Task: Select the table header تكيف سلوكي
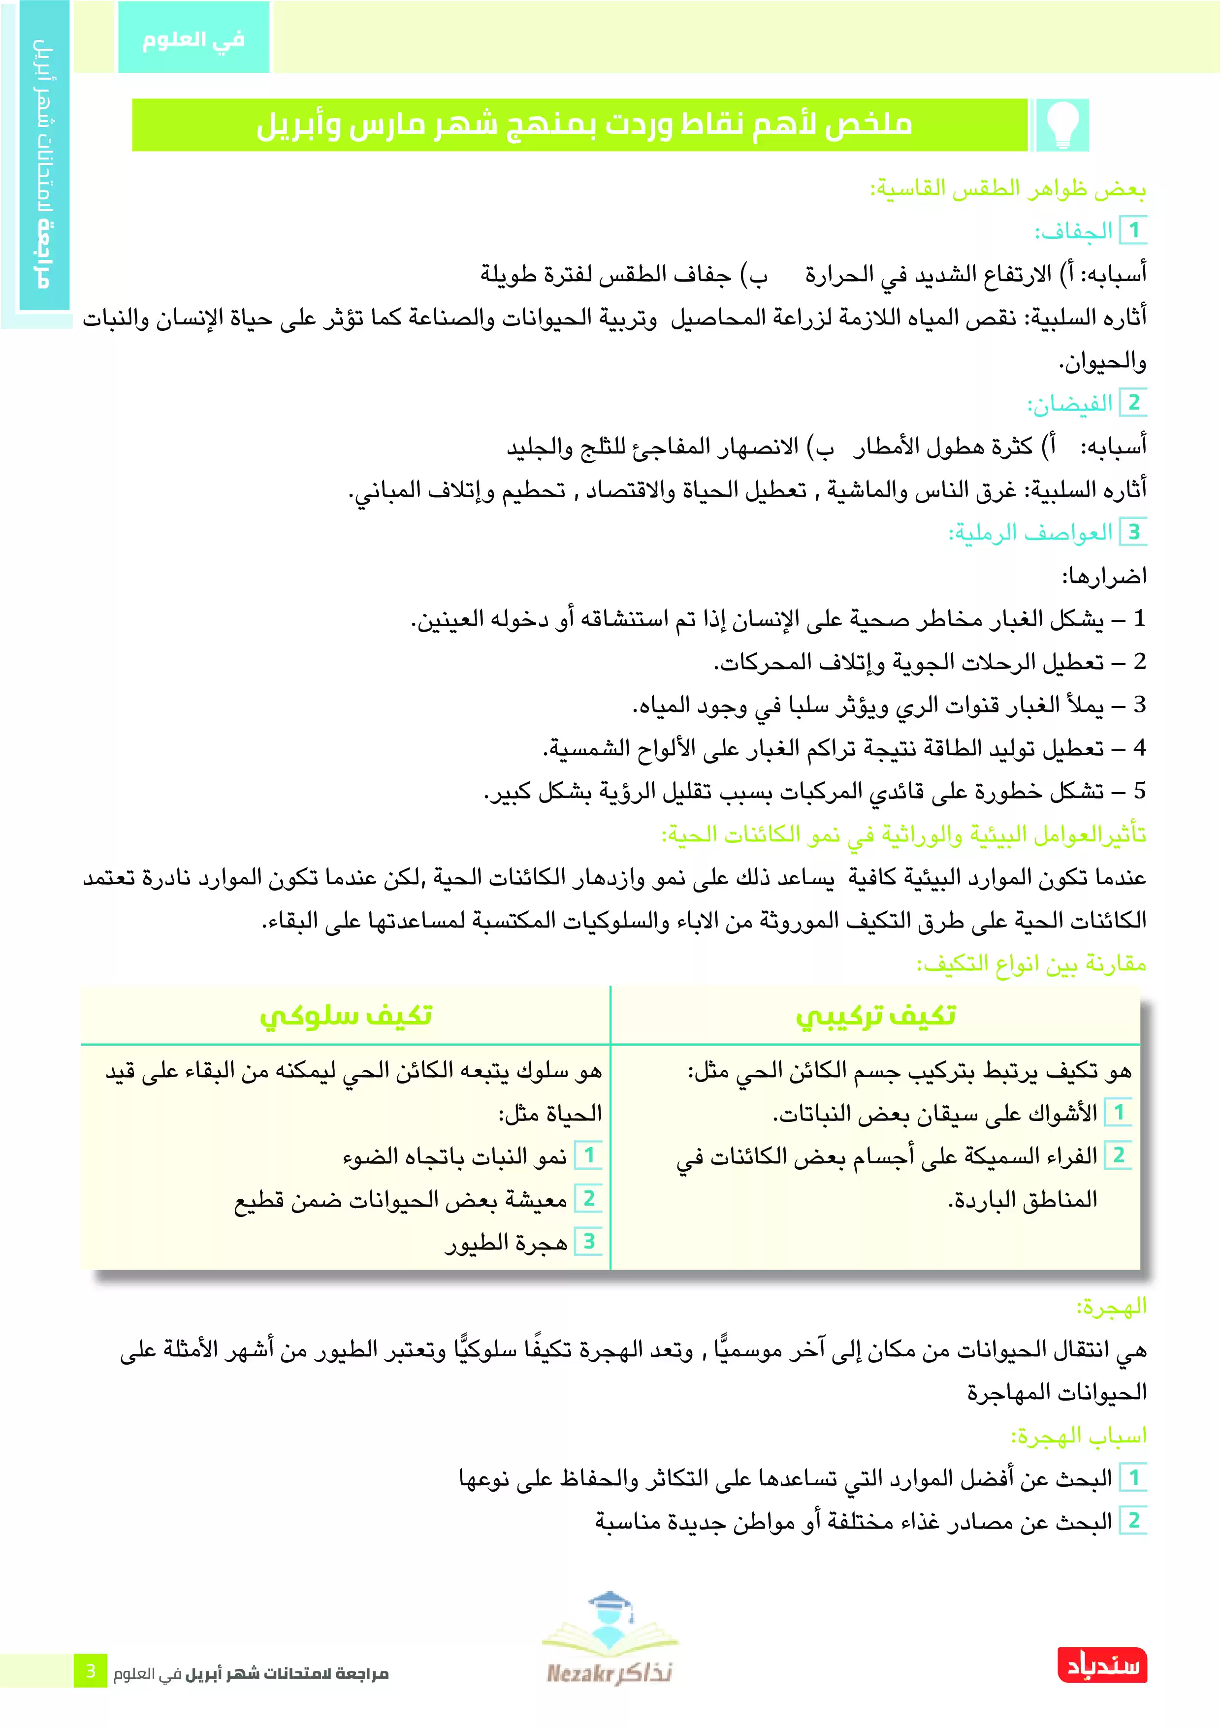346,1016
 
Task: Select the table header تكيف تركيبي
876,1016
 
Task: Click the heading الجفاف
1074,231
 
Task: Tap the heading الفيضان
1070,404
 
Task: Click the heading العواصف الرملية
1030,533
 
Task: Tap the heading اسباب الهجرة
1079,1436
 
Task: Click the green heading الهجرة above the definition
1111,1307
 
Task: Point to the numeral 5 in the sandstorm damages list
1139,791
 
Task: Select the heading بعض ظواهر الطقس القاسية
1008,189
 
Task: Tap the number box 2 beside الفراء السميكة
1119,1155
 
